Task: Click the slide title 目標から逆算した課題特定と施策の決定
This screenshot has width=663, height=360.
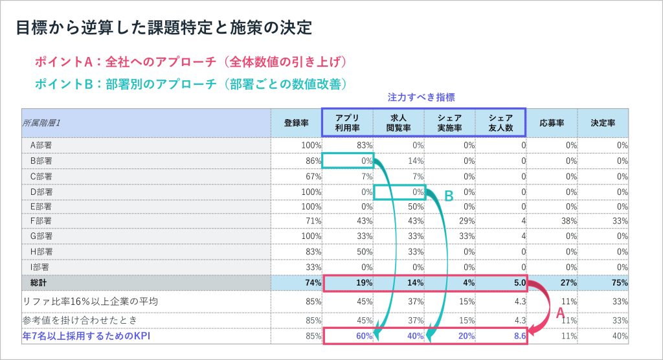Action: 163,28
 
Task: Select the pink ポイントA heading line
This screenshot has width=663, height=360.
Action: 191,62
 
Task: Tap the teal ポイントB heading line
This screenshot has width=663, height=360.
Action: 191,84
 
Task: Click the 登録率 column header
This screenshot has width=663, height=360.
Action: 296,122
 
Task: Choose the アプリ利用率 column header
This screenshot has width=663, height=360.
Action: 347,122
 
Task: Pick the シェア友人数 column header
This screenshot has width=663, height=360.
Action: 500,122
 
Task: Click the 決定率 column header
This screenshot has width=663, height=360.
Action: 603,122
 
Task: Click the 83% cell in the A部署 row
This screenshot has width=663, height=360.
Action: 364,145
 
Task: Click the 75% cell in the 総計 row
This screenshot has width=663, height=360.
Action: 620,282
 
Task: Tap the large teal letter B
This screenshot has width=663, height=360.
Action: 448,196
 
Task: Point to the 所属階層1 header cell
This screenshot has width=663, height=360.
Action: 46,122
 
